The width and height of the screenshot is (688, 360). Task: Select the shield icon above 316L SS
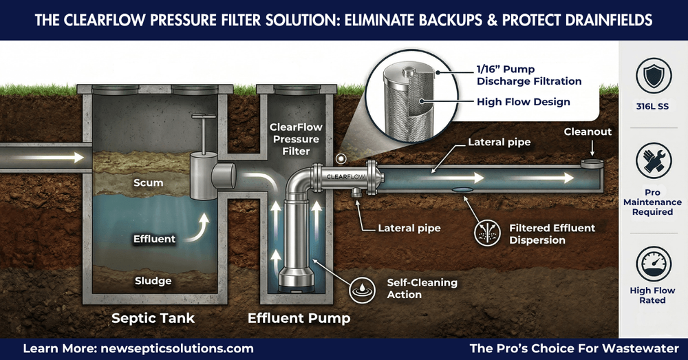pyautogui.click(x=652, y=76)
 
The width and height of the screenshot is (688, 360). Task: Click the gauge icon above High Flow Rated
pyautogui.click(x=652, y=265)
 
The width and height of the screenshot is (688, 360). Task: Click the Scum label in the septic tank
pyautogui.click(x=149, y=183)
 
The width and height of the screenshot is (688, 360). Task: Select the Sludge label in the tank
pyautogui.click(x=153, y=280)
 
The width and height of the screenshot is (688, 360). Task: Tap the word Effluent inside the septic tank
pyautogui.click(x=154, y=239)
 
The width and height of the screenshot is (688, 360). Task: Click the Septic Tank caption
pyautogui.click(x=153, y=318)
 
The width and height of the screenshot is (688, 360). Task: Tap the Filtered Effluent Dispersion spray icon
pyautogui.click(x=486, y=233)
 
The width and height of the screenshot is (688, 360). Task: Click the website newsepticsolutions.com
pyautogui.click(x=175, y=348)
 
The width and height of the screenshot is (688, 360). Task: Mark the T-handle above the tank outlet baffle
pyautogui.click(x=200, y=125)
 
